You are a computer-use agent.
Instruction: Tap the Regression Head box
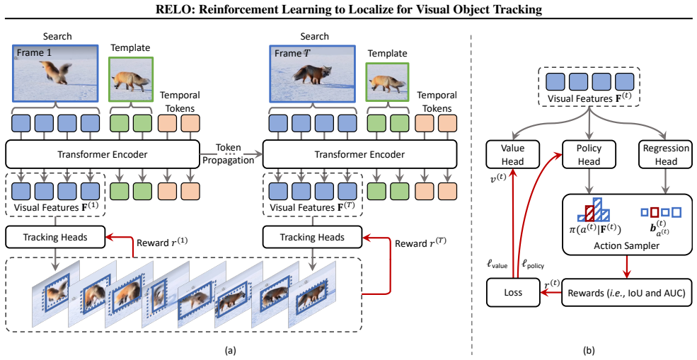[665, 155]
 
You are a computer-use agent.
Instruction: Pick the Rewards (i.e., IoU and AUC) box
[627, 293]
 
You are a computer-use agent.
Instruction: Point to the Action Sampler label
[627, 245]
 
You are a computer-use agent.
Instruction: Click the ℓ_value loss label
[500, 265]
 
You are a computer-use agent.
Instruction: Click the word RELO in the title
[171, 9]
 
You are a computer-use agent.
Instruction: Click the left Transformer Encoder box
[101, 154]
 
